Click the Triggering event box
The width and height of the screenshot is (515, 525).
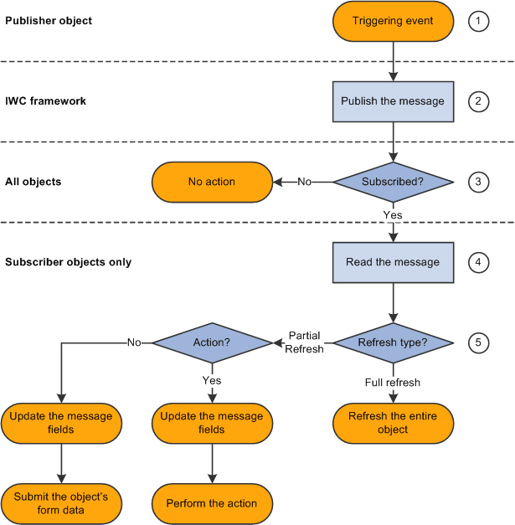click(x=393, y=21)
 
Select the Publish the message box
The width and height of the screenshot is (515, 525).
click(x=393, y=101)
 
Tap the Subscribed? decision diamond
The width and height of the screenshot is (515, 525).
click(x=393, y=182)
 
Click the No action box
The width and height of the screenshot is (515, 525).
click(x=212, y=182)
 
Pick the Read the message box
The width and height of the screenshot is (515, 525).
click(x=393, y=262)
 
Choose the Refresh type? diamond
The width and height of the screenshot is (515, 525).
click(x=393, y=342)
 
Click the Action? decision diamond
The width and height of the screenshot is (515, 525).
click(x=212, y=342)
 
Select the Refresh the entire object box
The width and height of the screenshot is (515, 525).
click(x=393, y=423)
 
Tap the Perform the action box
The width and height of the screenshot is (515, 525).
click(x=212, y=503)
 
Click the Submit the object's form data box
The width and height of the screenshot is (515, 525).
click(x=61, y=503)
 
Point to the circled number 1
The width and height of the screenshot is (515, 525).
click(x=477, y=21)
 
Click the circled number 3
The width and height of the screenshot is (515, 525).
click(x=477, y=182)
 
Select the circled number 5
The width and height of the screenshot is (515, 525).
click(x=477, y=342)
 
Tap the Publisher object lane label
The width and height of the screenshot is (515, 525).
click(x=49, y=20)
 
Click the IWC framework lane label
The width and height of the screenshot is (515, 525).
click(x=46, y=100)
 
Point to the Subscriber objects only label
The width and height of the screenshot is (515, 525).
click(x=68, y=262)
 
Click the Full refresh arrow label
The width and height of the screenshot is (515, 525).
click(x=393, y=383)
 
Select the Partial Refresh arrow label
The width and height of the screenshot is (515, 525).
click(x=304, y=342)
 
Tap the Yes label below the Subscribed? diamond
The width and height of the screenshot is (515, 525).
click(x=393, y=215)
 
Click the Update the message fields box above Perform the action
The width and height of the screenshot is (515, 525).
click(x=212, y=423)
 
